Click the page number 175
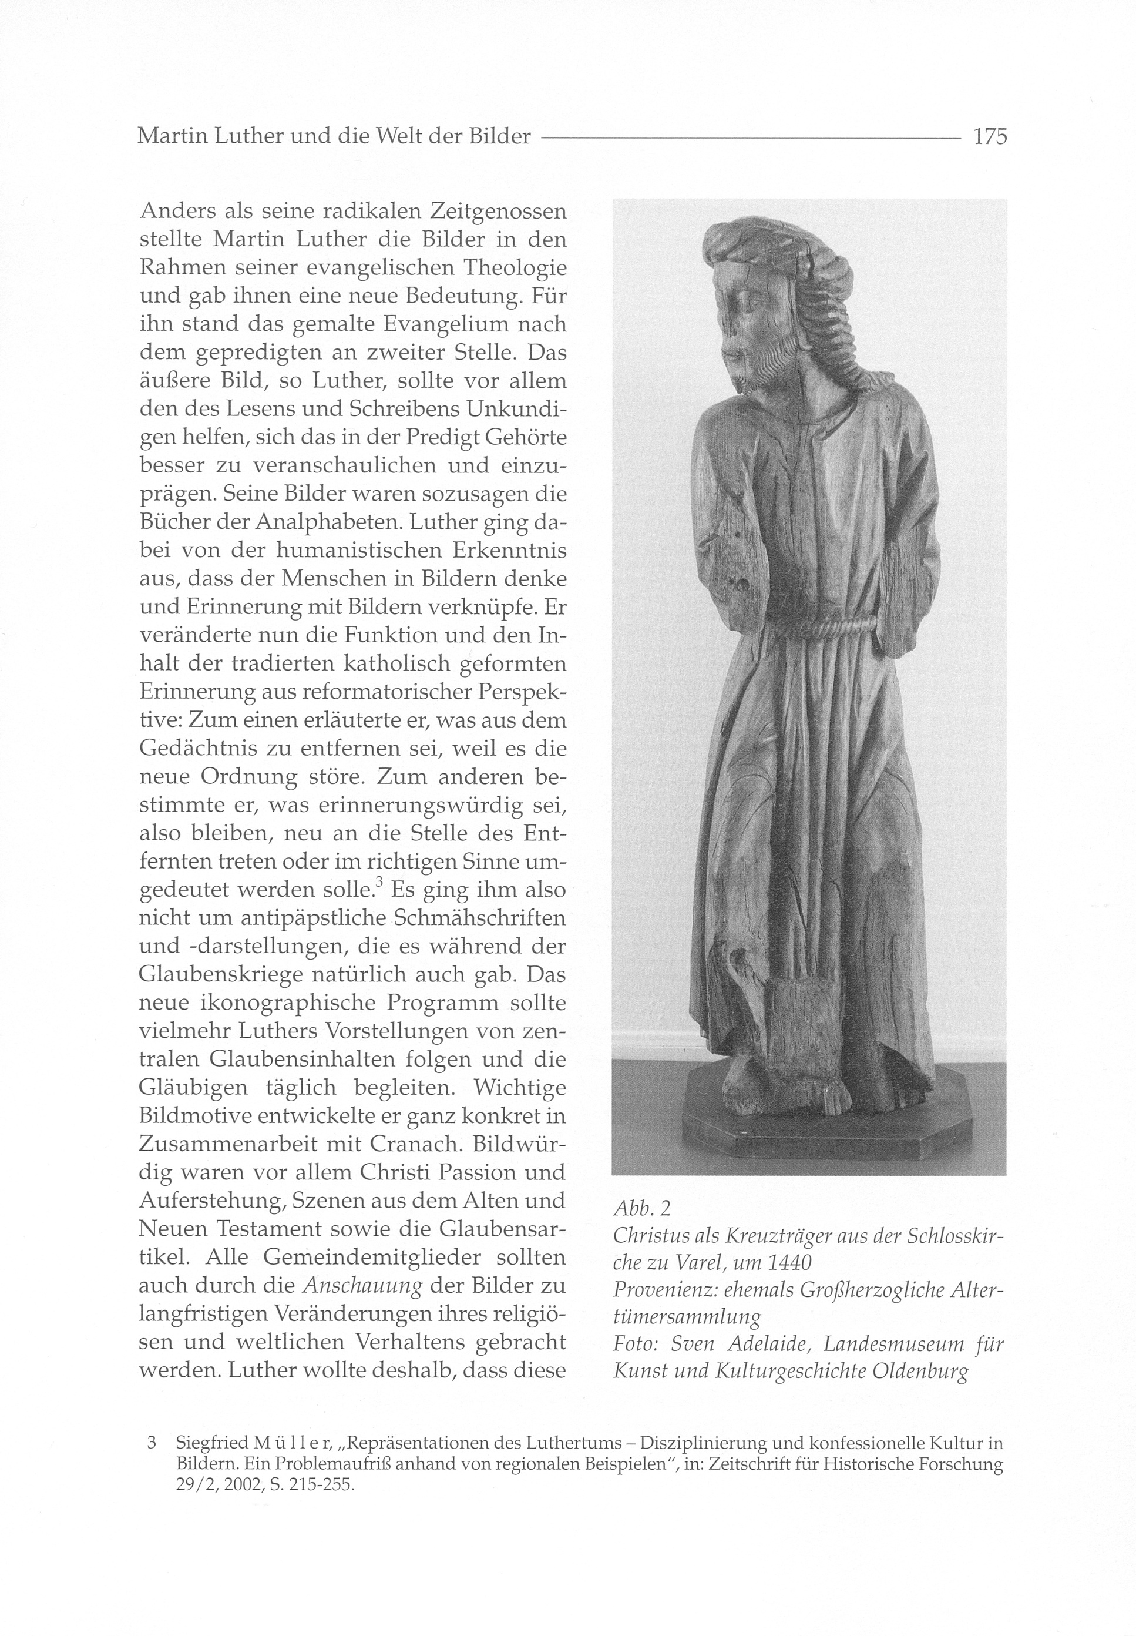(x=989, y=136)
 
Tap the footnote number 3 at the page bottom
(x=151, y=1444)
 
